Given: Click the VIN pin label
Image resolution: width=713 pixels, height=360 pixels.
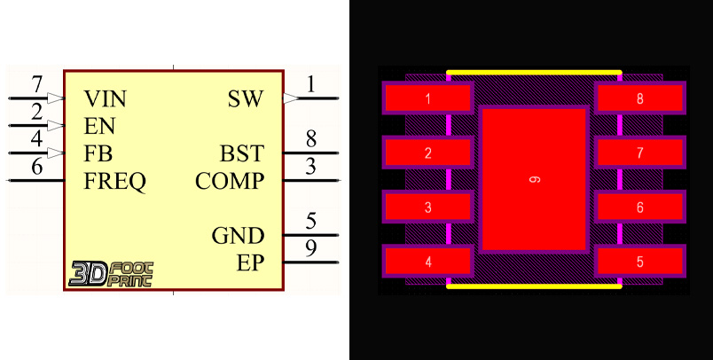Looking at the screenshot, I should pyautogui.click(x=104, y=98).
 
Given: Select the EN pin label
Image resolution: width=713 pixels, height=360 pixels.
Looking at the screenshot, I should pyautogui.click(x=100, y=125).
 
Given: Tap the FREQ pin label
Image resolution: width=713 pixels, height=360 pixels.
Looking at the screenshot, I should pyautogui.click(x=115, y=182).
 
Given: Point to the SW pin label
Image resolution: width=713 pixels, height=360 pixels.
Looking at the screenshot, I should pyautogui.click(x=246, y=98).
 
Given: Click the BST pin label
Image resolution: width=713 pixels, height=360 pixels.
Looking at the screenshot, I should pyautogui.click(x=241, y=153).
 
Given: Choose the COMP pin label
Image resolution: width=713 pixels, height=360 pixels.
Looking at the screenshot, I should pyautogui.click(x=230, y=182).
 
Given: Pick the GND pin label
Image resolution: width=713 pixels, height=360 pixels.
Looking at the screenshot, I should pyautogui.click(x=238, y=236).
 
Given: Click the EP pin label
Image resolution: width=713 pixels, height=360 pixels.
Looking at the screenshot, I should pyautogui.click(x=250, y=263).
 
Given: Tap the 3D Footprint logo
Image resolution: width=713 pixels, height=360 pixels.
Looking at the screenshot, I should pyautogui.click(x=111, y=273).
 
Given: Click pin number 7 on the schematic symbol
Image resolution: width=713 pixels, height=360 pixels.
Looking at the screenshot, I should pyautogui.click(x=37, y=85).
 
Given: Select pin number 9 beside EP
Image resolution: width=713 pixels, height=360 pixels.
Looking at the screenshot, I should pyautogui.click(x=311, y=249).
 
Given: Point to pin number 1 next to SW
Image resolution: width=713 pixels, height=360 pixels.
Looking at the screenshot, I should pyautogui.click(x=311, y=84).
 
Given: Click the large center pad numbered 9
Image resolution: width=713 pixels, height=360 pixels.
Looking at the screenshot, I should pyautogui.click(x=534, y=179).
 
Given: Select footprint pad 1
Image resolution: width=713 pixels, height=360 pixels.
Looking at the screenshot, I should pyautogui.click(x=427, y=98).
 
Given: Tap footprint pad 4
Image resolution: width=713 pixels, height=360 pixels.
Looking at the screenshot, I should pyautogui.click(x=427, y=262).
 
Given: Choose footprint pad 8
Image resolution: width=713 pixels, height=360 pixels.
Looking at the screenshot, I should pyautogui.click(x=639, y=98).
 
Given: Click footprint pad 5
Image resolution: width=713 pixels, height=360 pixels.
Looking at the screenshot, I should pyautogui.click(x=639, y=262).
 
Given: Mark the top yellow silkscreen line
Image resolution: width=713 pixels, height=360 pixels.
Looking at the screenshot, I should pyautogui.click(x=534, y=72).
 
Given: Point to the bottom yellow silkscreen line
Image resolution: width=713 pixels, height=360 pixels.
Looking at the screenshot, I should pyautogui.click(x=534, y=286).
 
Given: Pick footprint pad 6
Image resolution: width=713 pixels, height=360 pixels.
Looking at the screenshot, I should pyautogui.click(x=639, y=207).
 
